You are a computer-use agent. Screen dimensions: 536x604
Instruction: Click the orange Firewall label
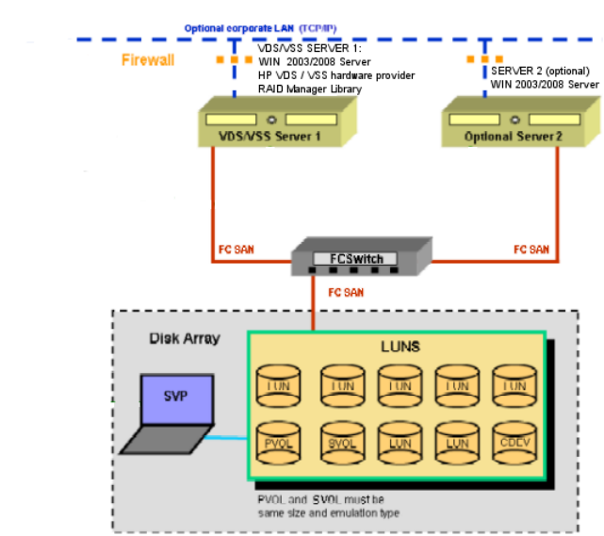[148, 60]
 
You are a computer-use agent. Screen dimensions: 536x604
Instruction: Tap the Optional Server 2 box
[514, 122]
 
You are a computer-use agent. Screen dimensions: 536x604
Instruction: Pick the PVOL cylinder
[279, 441]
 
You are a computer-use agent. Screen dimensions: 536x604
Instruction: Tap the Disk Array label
[184, 337]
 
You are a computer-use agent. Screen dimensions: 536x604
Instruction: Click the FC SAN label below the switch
[347, 293]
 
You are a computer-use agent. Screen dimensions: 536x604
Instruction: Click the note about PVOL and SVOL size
[320, 505]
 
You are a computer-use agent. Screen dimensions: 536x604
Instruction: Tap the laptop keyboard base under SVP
[166, 441]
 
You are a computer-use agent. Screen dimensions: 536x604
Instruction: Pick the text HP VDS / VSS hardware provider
[336, 75]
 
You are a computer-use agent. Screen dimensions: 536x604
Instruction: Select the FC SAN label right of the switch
[531, 250]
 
